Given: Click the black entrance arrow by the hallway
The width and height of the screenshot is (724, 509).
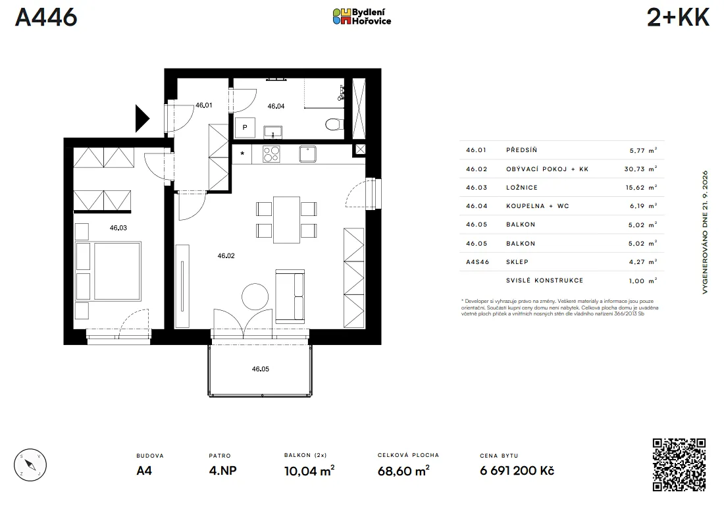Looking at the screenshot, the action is pyautogui.click(x=142, y=119).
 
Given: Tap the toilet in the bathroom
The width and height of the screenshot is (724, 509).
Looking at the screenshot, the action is pyautogui.click(x=334, y=124).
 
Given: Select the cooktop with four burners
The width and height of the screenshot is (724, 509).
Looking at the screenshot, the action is pyautogui.click(x=271, y=154).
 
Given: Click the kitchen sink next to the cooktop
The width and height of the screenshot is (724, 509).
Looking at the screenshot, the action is pyautogui.click(x=307, y=154).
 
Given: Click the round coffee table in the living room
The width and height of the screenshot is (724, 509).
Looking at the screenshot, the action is pyautogui.click(x=255, y=296).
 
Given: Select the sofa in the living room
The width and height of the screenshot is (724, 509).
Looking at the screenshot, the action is pyautogui.click(x=290, y=296).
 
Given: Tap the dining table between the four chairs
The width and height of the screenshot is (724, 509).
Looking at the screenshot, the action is pyautogui.click(x=286, y=220).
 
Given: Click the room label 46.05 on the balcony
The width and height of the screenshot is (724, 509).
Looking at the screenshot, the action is pyautogui.click(x=261, y=369).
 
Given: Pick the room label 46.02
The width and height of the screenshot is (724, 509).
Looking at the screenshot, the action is pyautogui.click(x=226, y=256).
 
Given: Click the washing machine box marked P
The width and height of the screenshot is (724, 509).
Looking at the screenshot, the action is pyautogui.click(x=245, y=128).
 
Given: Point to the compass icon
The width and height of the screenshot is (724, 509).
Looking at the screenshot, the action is pyautogui.click(x=30, y=465).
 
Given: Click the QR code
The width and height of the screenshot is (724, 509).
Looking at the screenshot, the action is pyautogui.click(x=679, y=465).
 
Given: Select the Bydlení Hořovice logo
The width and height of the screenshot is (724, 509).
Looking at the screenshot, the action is pyautogui.click(x=362, y=16).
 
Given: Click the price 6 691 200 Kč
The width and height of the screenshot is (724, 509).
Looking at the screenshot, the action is pyautogui.click(x=517, y=471).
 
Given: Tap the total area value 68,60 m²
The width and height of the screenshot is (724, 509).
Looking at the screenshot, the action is pyautogui.click(x=403, y=471).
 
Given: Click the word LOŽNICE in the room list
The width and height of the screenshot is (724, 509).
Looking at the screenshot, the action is pyautogui.click(x=522, y=188).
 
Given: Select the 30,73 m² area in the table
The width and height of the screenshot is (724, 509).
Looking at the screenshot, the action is pyautogui.click(x=640, y=169).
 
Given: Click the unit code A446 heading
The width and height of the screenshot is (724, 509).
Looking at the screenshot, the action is pyautogui.click(x=46, y=17).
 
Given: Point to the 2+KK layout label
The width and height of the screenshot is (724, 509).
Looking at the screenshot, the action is pyautogui.click(x=678, y=17).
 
